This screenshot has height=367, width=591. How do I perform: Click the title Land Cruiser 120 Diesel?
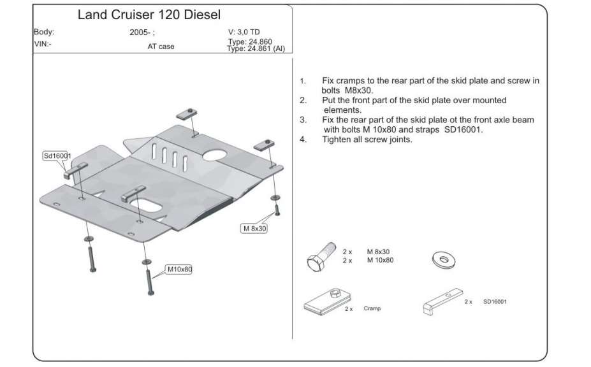[149, 14]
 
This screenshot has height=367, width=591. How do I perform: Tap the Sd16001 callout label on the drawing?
[57, 155]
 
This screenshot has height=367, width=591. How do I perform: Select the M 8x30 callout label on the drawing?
[253, 228]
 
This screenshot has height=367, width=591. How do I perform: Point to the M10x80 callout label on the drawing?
[179, 270]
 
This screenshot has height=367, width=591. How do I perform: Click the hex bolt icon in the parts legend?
[321, 256]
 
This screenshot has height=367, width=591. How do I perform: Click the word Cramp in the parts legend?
[372, 308]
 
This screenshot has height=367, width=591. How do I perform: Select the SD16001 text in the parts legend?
[499, 301]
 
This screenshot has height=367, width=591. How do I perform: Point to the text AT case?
[161, 47]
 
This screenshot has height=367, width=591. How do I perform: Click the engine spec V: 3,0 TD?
[244, 31]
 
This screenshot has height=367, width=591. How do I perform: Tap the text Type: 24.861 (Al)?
[256, 48]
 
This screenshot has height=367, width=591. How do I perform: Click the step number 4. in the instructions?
[303, 139]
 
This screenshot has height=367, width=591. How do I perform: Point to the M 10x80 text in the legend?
[380, 260]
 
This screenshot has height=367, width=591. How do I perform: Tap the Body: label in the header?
[44, 31]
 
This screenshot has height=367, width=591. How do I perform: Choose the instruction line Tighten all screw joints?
[367, 139]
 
